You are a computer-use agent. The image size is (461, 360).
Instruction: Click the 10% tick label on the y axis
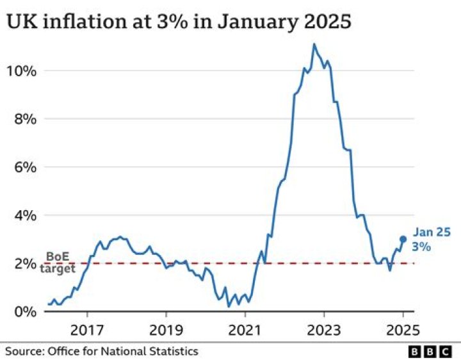(x=21, y=70)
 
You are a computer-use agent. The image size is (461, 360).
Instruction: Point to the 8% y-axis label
(x=24, y=119)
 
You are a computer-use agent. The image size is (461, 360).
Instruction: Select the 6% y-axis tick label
(x=24, y=167)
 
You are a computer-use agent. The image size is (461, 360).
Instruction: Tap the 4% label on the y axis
(x=24, y=215)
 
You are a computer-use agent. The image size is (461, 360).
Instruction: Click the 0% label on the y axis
(x=24, y=312)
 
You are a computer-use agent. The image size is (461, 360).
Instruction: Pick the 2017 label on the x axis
(x=87, y=331)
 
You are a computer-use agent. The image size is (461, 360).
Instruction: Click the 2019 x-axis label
(x=166, y=331)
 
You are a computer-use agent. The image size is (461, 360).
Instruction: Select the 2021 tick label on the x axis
(x=245, y=331)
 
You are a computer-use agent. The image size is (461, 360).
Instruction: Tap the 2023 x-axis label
(x=323, y=331)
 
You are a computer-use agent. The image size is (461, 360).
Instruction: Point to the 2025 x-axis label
(x=403, y=331)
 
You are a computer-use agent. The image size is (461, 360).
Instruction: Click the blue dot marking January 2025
(x=403, y=239)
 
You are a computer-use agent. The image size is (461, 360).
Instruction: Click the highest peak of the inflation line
(x=314, y=44)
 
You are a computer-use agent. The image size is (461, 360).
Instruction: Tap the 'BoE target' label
(x=60, y=263)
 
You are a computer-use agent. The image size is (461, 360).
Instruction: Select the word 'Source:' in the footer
(x=24, y=351)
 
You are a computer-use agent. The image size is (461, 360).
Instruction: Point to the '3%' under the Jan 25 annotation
(x=421, y=247)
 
